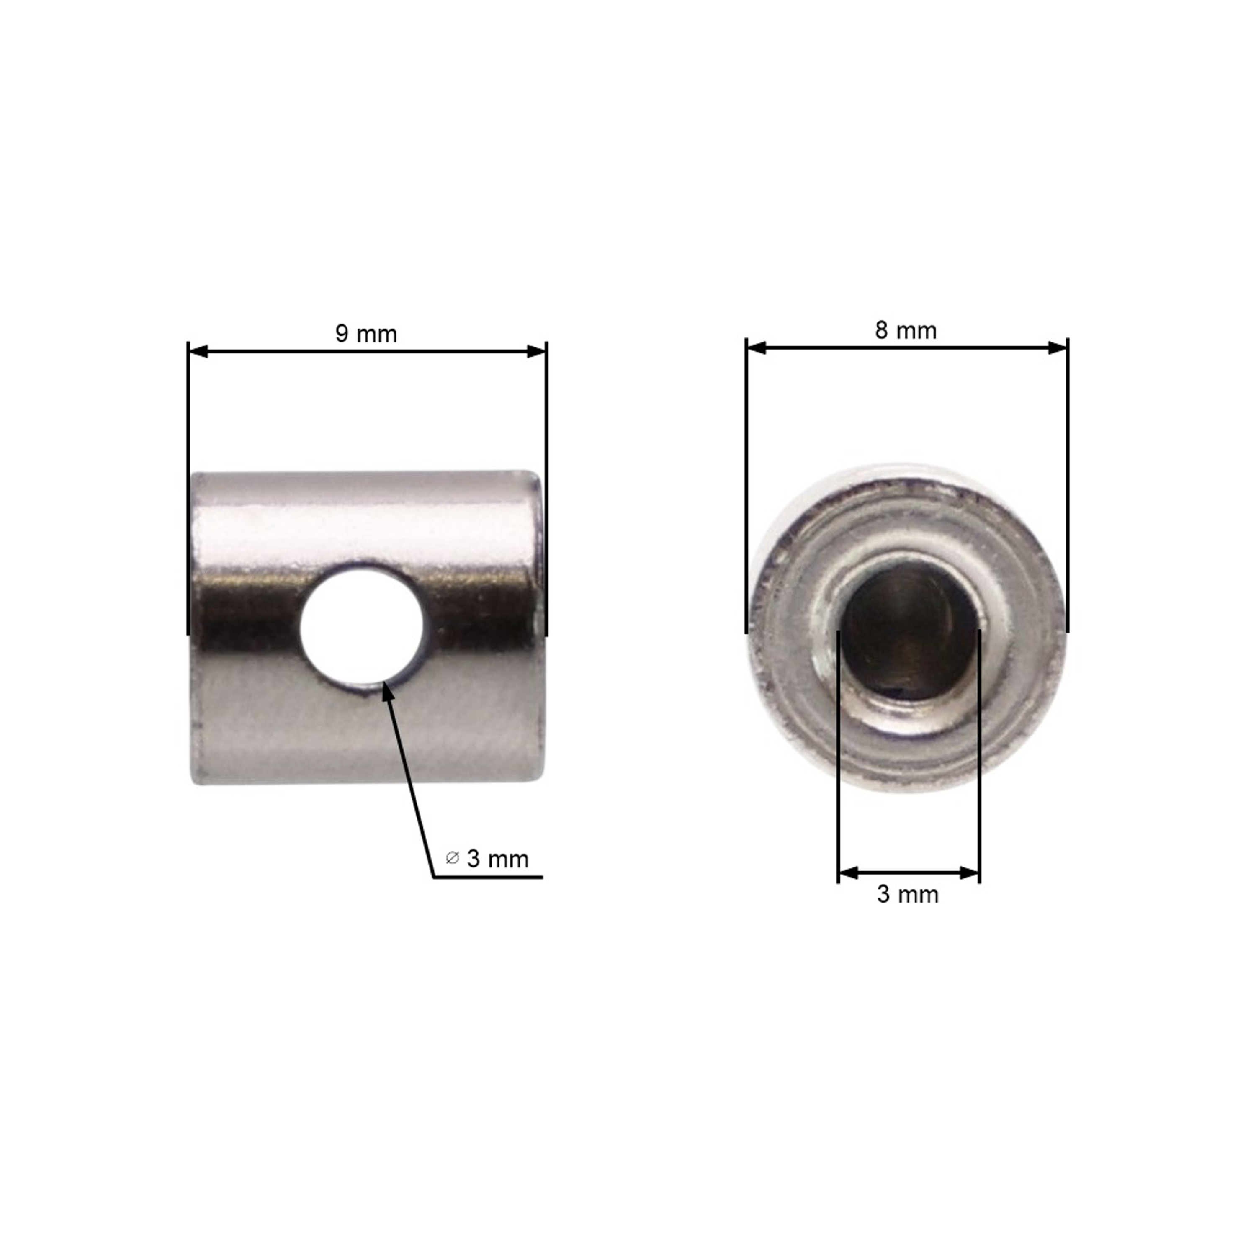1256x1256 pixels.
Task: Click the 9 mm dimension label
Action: tap(366, 334)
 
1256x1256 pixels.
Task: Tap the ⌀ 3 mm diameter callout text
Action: tap(487, 859)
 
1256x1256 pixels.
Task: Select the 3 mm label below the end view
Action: tap(908, 895)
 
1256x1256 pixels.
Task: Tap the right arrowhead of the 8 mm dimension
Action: tap(1058, 348)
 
